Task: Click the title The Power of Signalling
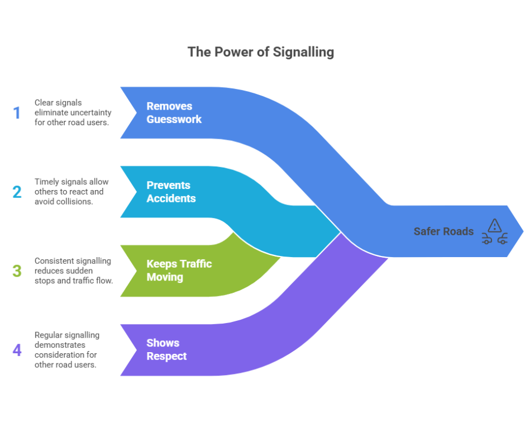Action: click(261, 52)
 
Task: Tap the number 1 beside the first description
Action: click(17, 113)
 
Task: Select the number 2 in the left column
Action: click(17, 192)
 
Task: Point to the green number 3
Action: click(17, 271)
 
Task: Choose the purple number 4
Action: click(17, 350)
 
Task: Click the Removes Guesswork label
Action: click(174, 112)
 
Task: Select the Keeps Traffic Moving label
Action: click(179, 270)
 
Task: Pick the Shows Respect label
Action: click(166, 349)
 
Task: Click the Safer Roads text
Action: click(443, 231)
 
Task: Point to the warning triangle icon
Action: click(494, 225)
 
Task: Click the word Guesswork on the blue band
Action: click(174, 119)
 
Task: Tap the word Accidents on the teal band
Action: click(171, 198)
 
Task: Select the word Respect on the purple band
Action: click(166, 356)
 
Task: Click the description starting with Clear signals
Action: click(73, 112)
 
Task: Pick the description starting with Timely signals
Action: click(71, 192)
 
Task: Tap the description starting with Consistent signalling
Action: click(74, 271)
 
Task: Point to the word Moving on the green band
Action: click(165, 277)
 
